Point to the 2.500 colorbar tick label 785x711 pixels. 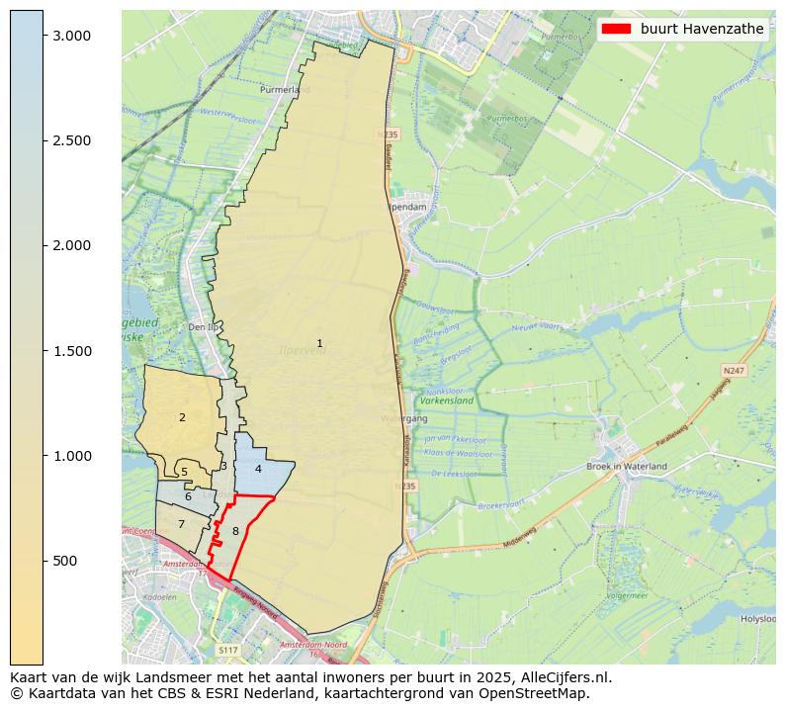[71, 140]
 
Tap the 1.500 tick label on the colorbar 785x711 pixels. [71, 351]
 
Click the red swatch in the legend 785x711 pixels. [616, 29]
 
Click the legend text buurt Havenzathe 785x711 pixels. [702, 29]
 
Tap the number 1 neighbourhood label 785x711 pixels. [319, 343]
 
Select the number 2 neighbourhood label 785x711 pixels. [182, 417]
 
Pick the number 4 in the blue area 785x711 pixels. [258, 469]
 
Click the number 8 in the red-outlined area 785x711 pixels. [235, 531]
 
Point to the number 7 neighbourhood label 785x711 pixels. [181, 524]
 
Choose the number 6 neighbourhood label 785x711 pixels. [188, 496]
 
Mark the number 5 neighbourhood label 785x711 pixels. [184, 473]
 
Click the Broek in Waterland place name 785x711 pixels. [627, 466]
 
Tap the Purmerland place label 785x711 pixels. [285, 89]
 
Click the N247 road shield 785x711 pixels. [734, 371]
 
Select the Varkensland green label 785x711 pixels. [447, 401]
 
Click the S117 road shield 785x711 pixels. [228, 650]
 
